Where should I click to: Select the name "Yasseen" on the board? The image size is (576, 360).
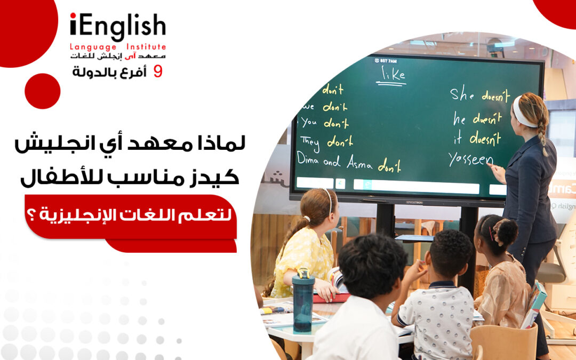470,158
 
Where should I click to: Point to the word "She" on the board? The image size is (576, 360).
462,94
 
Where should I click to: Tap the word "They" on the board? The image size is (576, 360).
310,141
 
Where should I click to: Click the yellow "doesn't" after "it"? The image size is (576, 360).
485,139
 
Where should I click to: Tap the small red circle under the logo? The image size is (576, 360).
42,91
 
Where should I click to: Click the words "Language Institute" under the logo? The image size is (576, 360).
118,47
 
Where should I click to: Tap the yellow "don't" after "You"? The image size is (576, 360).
335,123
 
